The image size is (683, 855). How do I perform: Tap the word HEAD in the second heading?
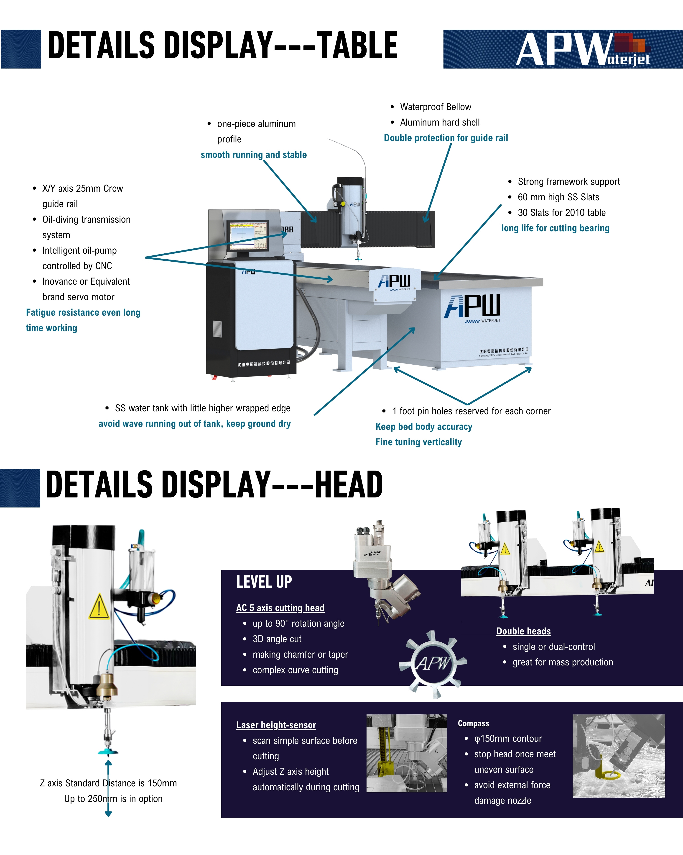[x=349, y=485]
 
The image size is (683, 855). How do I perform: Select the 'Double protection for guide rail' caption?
[x=446, y=138]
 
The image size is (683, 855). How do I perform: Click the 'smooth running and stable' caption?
[x=254, y=155]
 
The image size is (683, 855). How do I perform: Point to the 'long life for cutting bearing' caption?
[x=555, y=228]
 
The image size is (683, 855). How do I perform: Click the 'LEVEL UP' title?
[x=264, y=582]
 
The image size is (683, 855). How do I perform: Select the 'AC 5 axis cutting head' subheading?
[x=280, y=608]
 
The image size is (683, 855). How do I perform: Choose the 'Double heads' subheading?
[x=523, y=631]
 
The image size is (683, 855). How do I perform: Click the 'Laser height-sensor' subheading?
[x=276, y=725]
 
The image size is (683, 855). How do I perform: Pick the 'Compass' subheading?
[x=473, y=723]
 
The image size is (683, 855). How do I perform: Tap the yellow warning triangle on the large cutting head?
[x=99, y=607]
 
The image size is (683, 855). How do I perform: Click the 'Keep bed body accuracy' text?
[x=423, y=427]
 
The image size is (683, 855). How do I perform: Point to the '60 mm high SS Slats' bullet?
[x=558, y=197]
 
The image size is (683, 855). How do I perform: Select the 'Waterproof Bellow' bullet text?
[x=435, y=107]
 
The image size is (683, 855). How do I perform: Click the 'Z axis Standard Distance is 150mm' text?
[x=108, y=783]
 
